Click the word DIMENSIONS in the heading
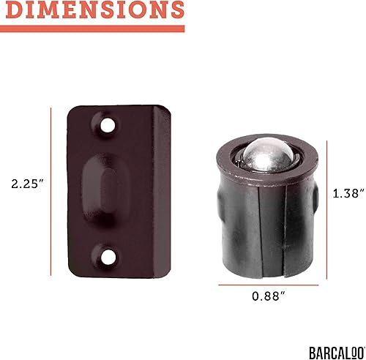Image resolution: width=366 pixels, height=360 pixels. pyautogui.click(x=91, y=10)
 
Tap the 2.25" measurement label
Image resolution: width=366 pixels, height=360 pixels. pyautogui.click(x=23, y=184)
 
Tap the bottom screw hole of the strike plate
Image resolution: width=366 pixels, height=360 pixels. pyautogui.click(x=108, y=256)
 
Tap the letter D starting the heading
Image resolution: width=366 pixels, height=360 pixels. pyautogui.click(x=12, y=10)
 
